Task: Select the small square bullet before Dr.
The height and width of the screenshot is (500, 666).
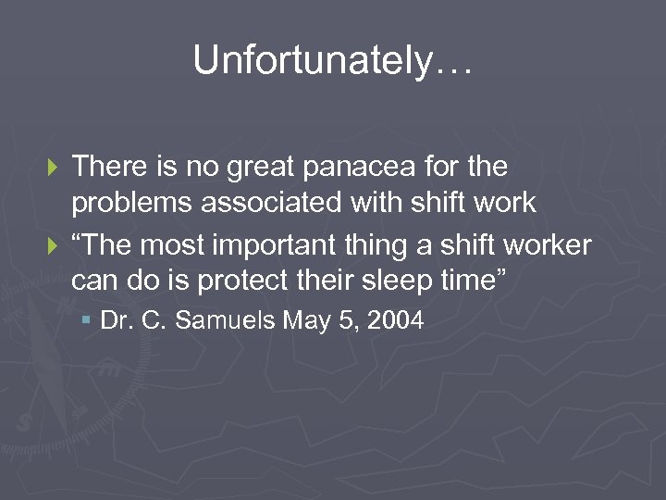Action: [86, 320]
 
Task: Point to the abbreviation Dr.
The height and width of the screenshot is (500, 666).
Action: [115, 321]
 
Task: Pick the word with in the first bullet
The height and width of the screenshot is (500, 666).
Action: [368, 203]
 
